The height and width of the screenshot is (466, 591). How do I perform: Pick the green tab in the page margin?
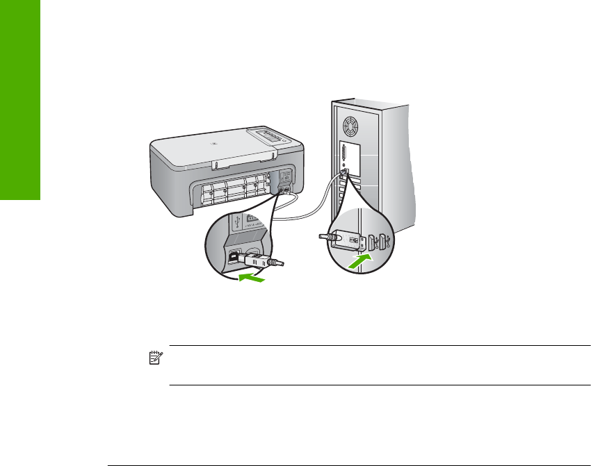pyautogui.click(x=20, y=100)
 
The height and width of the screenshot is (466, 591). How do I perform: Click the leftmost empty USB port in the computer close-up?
pyautogui.click(x=373, y=243)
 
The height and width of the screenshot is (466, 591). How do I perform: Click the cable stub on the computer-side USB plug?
pyautogui.click(x=324, y=238)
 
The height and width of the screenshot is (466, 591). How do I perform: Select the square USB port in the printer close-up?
pyautogui.click(x=236, y=254)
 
